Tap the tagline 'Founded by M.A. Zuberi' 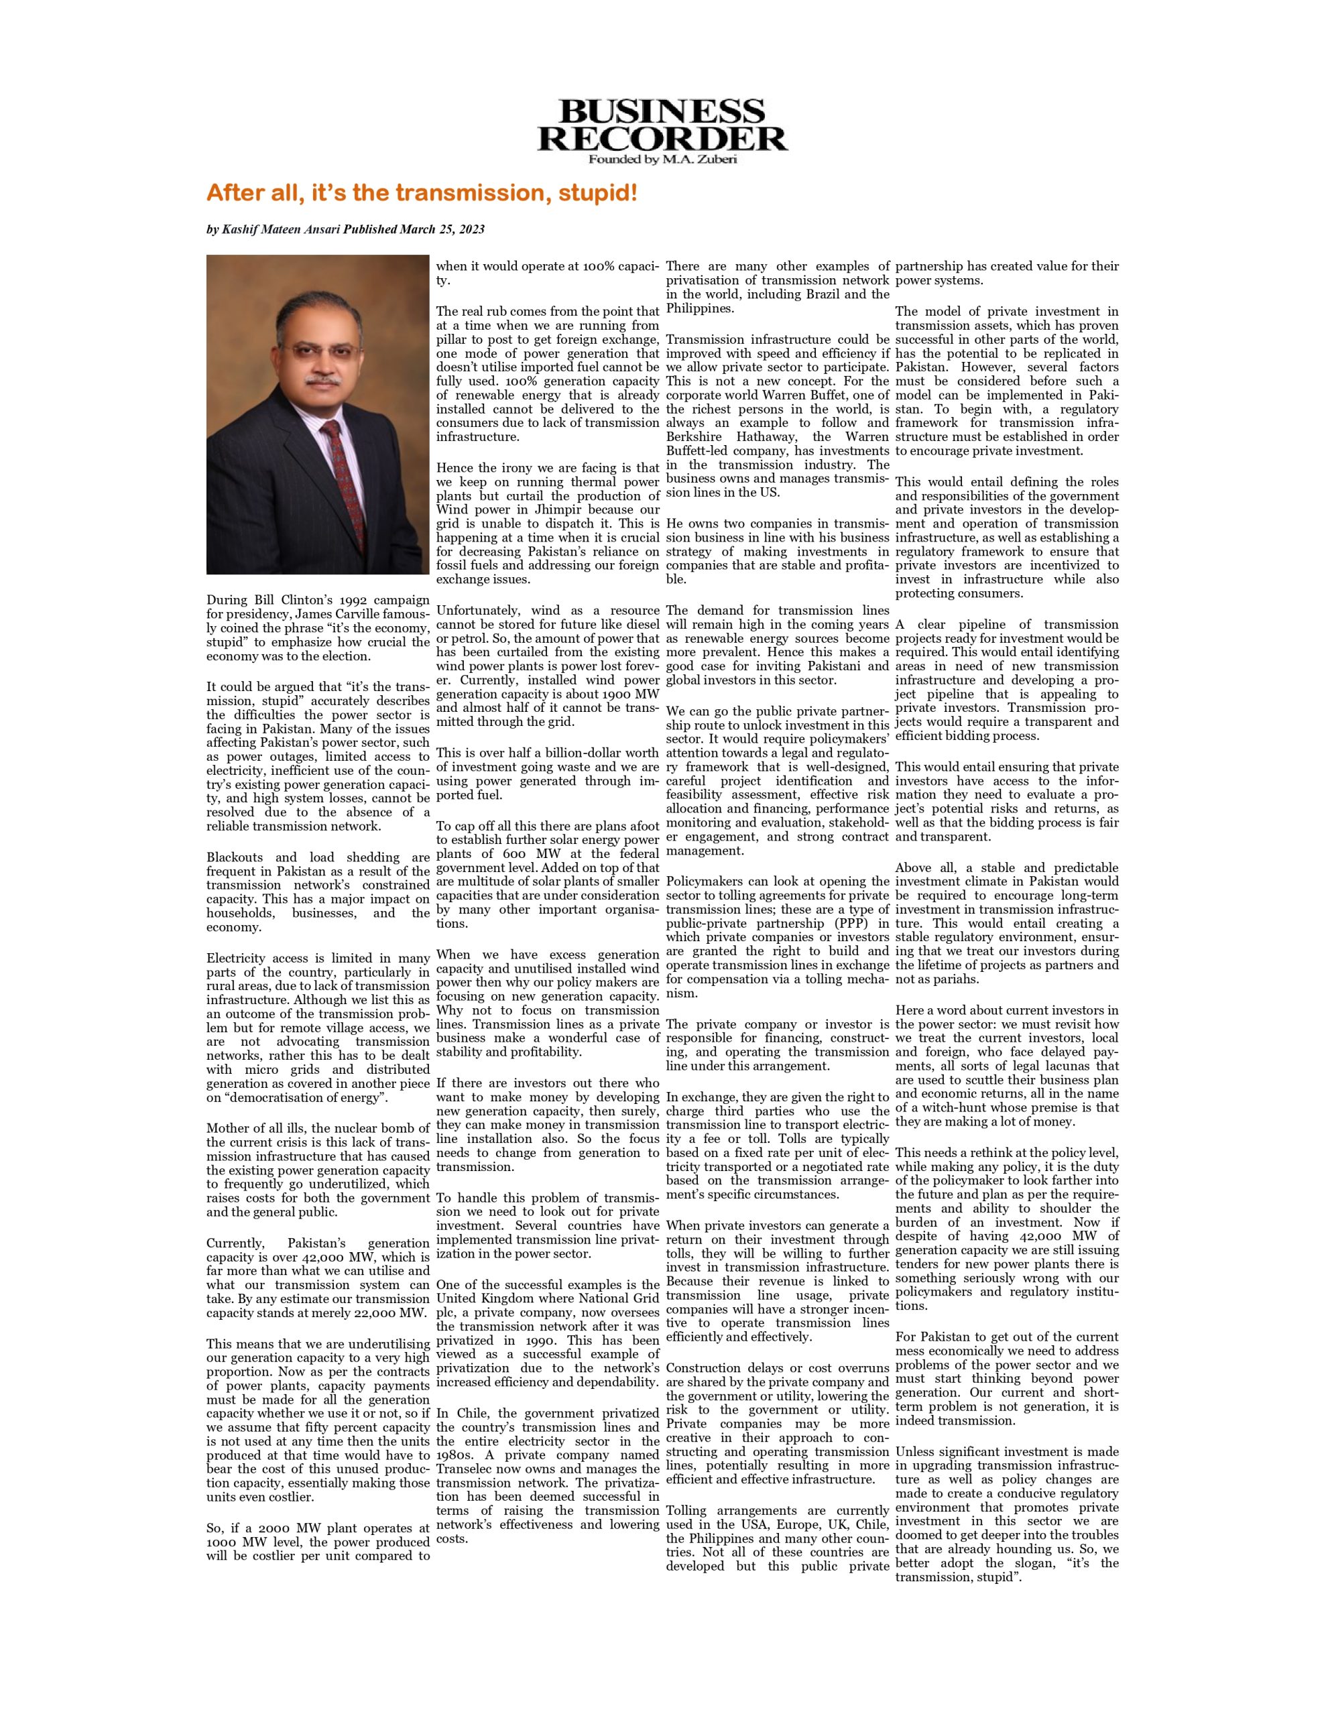click(662, 160)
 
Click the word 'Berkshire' click(692, 437)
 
